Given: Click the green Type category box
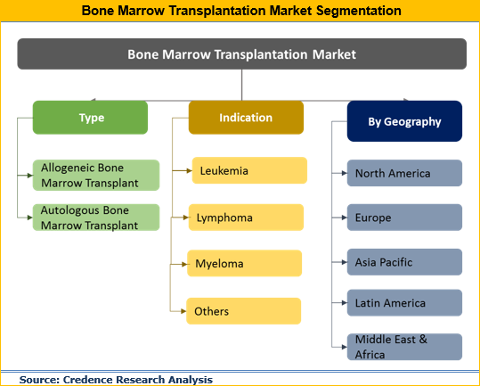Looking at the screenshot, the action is click(90, 118).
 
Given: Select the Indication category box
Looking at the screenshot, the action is click(246, 118).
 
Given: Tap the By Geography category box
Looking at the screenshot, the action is click(404, 121).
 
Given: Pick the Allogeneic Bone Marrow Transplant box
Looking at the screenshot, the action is click(96, 176).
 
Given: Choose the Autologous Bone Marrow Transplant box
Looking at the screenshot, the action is click(96, 218).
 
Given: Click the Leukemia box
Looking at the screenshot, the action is click(249, 170).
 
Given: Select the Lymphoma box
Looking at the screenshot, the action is click(246, 218).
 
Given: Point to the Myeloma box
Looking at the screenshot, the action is click(245, 264).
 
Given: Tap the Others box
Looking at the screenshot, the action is click(244, 311).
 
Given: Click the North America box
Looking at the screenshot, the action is click(404, 173).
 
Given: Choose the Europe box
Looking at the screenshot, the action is click(404, 218).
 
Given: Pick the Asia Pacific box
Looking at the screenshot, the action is click(404, 262).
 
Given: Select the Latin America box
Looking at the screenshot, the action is click(404, 303).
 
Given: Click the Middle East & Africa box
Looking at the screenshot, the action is click(404, 347).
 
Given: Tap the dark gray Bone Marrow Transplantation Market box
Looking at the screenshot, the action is click(242, 53).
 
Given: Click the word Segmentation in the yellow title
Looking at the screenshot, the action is click(359, 11).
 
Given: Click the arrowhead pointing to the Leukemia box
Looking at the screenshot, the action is click(189, 170).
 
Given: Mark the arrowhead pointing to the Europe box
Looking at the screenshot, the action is click(345, 218).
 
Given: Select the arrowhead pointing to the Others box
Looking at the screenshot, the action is click(183, 311).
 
